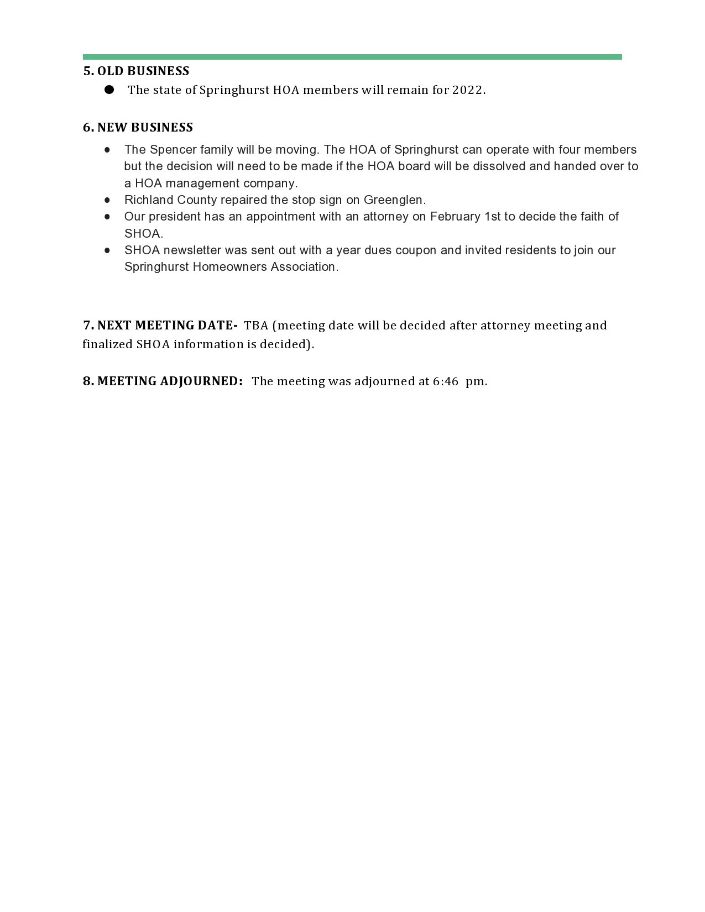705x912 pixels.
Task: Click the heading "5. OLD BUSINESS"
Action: click(136, 71)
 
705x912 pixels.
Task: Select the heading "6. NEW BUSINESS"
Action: click(138, 128)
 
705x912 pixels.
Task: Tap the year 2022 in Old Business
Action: click(467, 90)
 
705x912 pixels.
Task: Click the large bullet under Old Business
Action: click(109, 90)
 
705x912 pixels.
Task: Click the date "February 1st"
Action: click(464, 217)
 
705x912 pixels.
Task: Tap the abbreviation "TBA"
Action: click(256, 326)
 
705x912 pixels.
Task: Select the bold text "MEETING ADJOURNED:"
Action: click(170, 381)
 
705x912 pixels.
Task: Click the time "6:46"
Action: click(446, 381)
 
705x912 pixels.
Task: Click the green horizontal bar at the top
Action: click(352, 57)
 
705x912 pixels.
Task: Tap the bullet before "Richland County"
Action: click(107, 200)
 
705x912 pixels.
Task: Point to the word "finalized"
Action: click(107, 344)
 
